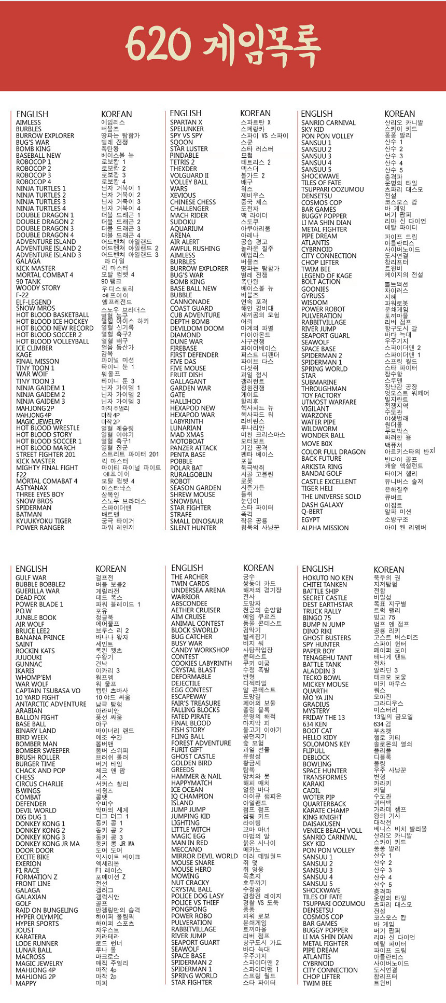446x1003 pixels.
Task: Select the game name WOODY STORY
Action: (38, 288)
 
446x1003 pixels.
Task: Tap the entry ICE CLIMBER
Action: (34, 348)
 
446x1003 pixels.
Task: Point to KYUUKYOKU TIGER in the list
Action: (44, 521)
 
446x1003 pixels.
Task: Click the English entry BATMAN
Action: (29, 514)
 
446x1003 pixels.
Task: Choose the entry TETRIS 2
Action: (183, 162)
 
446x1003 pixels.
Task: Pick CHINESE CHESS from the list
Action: (193, 202)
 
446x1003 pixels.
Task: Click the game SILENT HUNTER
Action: (193, 528)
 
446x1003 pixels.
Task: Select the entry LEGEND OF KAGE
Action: (327, 276)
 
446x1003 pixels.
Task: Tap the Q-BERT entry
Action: (312, 511)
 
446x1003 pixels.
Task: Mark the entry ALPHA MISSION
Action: (325, 528)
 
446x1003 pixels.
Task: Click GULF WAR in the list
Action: (31, 578)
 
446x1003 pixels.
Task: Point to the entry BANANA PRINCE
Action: (40, 637)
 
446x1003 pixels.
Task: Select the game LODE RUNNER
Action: (37, 943)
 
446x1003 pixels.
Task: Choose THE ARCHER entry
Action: (190, 577)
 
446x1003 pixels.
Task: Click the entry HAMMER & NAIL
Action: (196, 776)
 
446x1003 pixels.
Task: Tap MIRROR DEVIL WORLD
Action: (204, 856)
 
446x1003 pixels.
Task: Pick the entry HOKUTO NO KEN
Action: (328, 578)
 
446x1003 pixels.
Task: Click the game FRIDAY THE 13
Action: (324, 717)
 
